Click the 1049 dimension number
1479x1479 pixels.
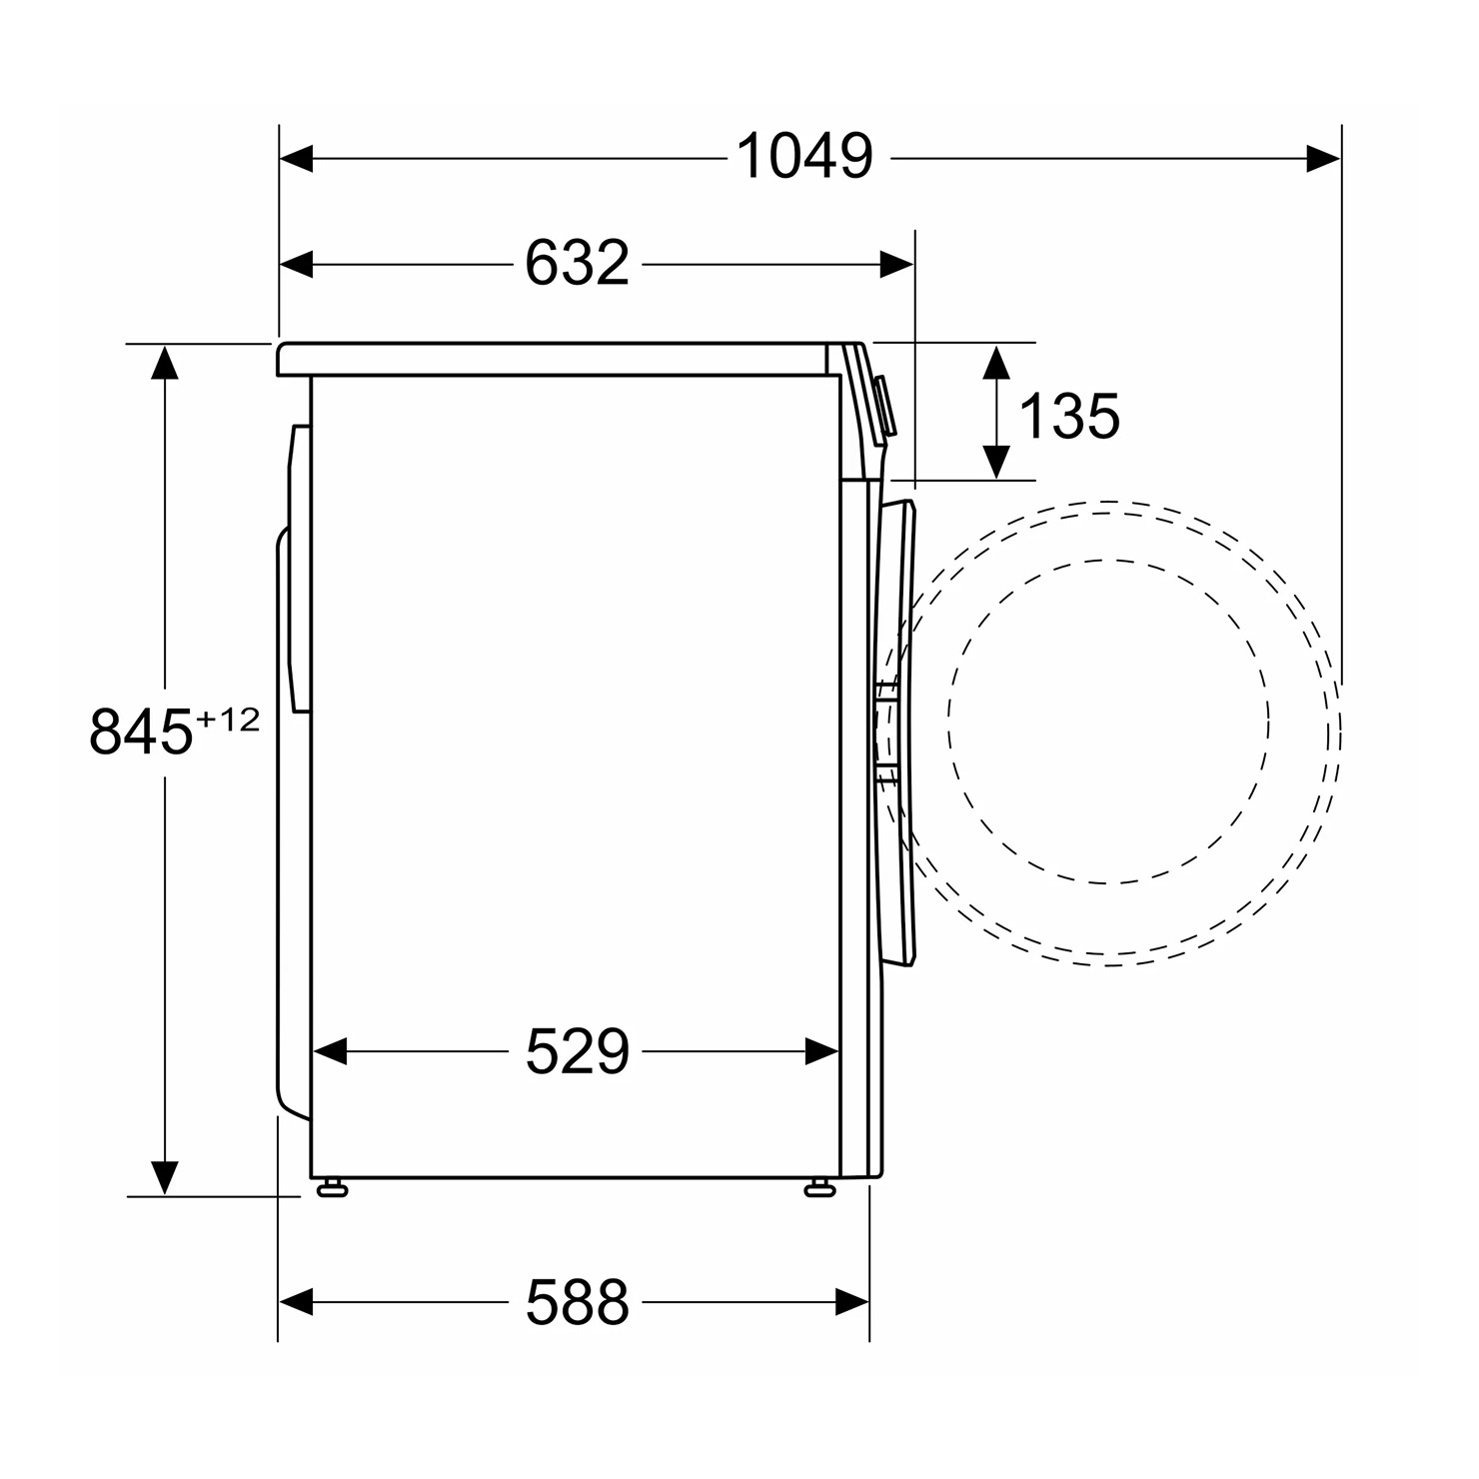tap(804, 157)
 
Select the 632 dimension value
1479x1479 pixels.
tap(577, 264)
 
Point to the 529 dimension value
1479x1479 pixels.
tap(577, 1051)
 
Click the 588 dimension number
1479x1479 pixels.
tap(577, 1301)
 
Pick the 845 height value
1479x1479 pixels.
tap(140, 733)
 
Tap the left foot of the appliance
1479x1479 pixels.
tap(331, 1187)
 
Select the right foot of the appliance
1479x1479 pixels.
tap(819, 1187)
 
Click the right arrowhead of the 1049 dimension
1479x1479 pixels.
tap(1323, 158)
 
